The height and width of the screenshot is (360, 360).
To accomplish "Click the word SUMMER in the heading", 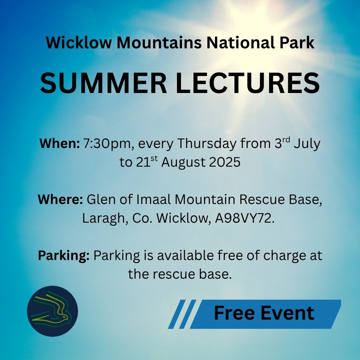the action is (x=104, y=83).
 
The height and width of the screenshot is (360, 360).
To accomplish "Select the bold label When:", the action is (x=60, y=143).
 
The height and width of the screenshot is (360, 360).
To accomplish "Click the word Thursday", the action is (x=207, y=144).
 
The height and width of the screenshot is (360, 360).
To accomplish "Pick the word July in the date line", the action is (x=307, y=144).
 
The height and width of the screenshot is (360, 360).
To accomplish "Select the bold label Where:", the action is (x=60, y=199).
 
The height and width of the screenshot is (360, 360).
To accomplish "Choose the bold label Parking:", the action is (x=64, y=256).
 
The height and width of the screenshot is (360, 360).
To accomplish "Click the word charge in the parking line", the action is (x=284, y=256).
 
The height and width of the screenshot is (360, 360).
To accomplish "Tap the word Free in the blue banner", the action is (x=234, y=313).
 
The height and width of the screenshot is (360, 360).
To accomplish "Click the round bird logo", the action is (x=53, y=311).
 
